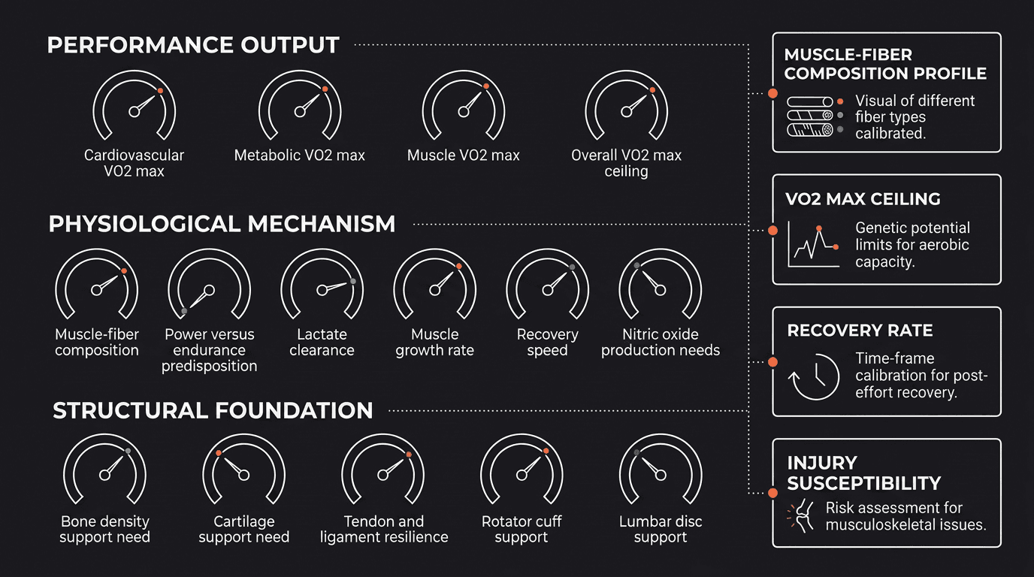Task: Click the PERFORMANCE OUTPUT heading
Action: tap(193, 45)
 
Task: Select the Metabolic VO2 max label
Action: tap(300, 155)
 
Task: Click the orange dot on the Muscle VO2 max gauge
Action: tap(486, 86)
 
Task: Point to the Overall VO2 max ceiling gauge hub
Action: tap(626, 112)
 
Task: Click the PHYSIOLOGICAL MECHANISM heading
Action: tap(222, 225)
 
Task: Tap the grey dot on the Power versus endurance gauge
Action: tap(184, 311)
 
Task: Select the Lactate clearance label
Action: tap(322, 342)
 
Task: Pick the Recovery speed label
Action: tap(548, 342)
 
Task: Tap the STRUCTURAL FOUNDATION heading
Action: tap(213, 410)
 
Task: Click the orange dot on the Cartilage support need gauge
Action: tap(219, 453)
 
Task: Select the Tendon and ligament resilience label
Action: tap(384, 529)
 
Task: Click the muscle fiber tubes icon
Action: tap(810, 116)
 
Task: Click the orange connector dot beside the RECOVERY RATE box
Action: tap(772, 362)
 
